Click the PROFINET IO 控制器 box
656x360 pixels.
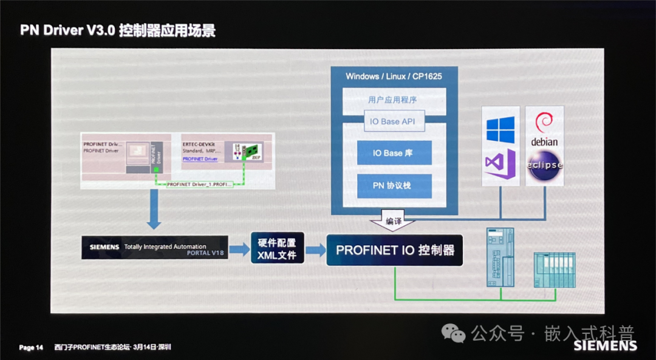395,250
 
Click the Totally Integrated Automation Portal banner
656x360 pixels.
155,248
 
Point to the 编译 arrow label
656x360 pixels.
394,222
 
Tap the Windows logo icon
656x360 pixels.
501,129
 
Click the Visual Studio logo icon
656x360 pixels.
500,165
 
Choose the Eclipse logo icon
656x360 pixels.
544,165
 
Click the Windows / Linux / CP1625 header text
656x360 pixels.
394,76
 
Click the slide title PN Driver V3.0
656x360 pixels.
67,30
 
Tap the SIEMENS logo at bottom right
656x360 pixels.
605,346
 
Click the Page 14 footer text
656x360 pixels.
31,348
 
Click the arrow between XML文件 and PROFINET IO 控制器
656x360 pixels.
315,250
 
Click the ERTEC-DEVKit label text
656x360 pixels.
200,144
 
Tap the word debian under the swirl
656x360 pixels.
544,142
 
